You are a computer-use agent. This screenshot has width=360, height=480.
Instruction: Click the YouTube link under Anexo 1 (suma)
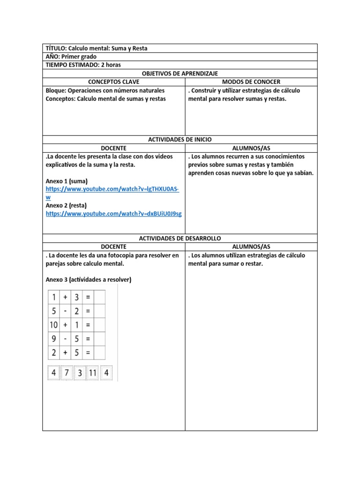pyautogui.click(x=112, y=189)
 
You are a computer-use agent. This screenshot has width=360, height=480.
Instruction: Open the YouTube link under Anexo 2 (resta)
pyautogui.click(x=114, y=214)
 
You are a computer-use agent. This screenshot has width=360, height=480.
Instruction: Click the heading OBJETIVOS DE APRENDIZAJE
pyautogui.click(x=180, y=74)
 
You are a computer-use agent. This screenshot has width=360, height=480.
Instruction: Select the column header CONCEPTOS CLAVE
pyautogui.click(x=113, y=82)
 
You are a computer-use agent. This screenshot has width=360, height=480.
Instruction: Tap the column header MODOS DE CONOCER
pyautogui.click(x=251, y=82)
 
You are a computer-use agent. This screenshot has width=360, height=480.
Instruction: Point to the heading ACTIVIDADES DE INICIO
pyautogui.click(x=180, y=139)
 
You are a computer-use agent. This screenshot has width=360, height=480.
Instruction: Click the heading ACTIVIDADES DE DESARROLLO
pyautogui.click(x=180, y=239)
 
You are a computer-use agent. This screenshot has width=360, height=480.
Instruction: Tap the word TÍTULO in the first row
pyautogui.click(x=56, y=48)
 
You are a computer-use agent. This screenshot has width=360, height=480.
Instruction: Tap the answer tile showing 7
pyautogui.click(x=67, y=373)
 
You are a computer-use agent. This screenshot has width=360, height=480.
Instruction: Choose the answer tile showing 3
pyautogui.click(x=79, y=373)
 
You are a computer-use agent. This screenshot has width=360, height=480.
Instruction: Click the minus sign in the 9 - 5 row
pyautogui.click(x=65, y=338)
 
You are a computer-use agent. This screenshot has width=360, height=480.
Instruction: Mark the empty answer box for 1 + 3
pyautogui.click(x=100, y=297)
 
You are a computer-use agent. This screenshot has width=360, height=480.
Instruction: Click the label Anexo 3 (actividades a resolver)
pyautogui.click(x=89, y=280)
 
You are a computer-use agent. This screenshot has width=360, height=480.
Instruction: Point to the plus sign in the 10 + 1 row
pyautogui.click(x=65, y=324)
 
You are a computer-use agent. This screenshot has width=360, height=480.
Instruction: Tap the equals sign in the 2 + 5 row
pyautogui.click(x=88, y=352)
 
